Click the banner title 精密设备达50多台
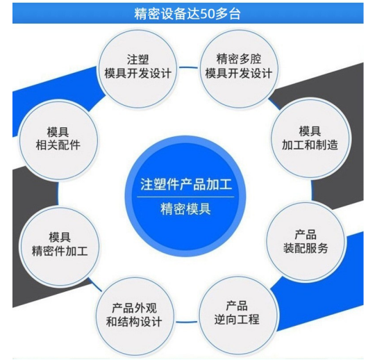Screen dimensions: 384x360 tap(187, 14)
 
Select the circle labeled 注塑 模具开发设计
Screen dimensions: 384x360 tap(137, 68)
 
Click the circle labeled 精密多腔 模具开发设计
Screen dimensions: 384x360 tap(239, 68)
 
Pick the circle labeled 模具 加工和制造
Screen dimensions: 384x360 tap(310, 138)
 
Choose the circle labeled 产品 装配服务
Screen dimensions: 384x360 tap(306, 241)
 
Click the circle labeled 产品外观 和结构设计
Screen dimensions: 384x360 tap(134, 316)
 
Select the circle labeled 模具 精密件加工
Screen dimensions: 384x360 tap(60, 246)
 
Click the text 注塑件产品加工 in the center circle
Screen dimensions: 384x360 tap(186, 185)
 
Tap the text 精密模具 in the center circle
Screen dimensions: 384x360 tap(186, 209)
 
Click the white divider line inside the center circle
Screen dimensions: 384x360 tap(185, 197)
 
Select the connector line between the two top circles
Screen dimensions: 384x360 tap(188, 67)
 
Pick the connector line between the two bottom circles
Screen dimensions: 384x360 tap(187, 322)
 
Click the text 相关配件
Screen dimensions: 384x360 tap(58, 145)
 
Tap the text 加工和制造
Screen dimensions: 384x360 tap(310, 145)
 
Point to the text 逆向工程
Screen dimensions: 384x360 tap(237, 320)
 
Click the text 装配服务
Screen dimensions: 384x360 tap(306, 248)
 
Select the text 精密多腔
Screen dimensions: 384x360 tap(239, 59)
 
